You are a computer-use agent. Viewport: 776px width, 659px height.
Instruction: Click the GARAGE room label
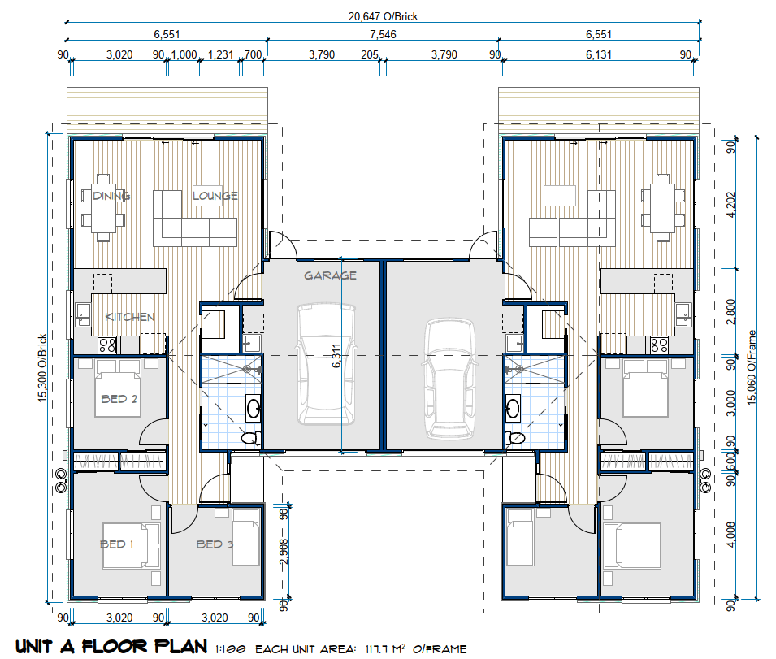coord(330,275)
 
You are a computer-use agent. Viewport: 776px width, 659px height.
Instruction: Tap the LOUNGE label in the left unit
coord(215,196)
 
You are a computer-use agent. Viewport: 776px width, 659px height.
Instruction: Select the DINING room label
coord(111,196)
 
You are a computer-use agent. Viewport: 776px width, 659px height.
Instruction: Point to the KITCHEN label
coord(130,317)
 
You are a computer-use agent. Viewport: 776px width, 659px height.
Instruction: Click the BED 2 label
coord(119,399)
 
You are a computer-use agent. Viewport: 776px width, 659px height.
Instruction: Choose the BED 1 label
coord(117,544)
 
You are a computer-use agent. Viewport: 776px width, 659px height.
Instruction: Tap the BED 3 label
coord(215,544)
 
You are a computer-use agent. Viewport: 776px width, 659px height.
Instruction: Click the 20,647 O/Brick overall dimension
coord(383,16)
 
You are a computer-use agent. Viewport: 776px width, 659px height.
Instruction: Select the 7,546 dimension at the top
coord(383,34)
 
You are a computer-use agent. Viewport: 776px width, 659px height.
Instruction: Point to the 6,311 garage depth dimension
coord(336,356)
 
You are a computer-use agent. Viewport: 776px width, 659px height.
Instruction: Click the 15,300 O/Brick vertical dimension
coord(42,367)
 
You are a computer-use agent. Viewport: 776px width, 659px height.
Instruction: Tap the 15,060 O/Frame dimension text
coord(752,367)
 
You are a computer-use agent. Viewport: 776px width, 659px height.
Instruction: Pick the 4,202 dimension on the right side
coord(730,204)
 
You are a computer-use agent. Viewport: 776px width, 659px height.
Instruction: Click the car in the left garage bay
coord(326,364)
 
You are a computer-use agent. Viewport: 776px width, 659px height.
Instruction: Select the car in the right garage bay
coord(449,379)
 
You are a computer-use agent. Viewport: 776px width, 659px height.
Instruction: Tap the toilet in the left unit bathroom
coord(252,437)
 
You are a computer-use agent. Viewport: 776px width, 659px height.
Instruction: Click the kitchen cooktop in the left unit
coord(107,345)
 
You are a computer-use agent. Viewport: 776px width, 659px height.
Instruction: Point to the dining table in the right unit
coord(663,208)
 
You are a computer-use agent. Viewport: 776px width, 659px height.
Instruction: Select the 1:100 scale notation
coord(231,649)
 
